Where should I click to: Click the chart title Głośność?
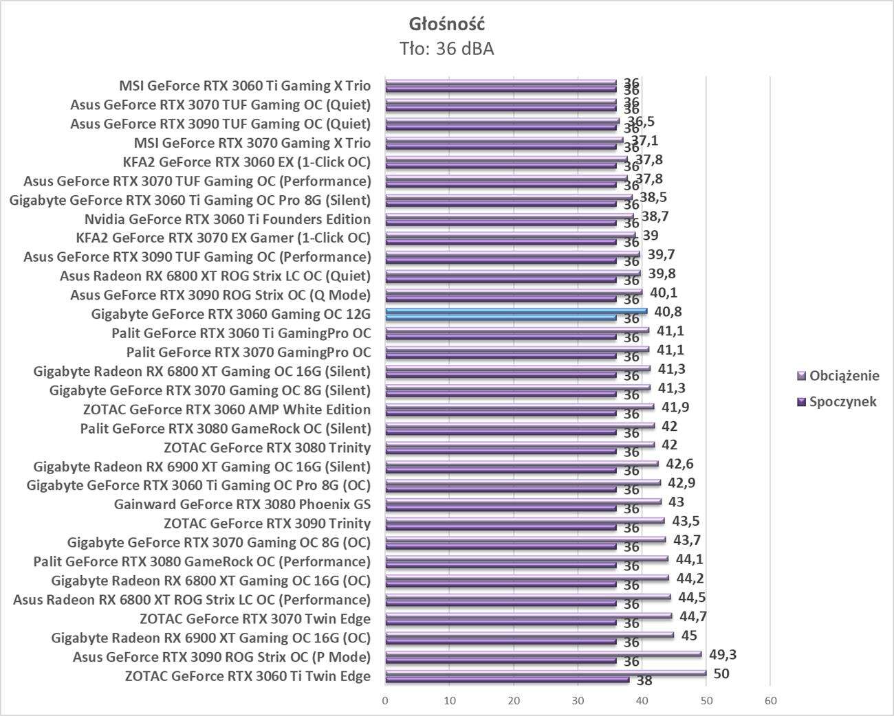447,24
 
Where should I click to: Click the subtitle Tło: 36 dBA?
447,49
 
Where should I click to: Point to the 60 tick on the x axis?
770,701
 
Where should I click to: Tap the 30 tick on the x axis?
578,701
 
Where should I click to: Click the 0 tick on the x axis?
385,701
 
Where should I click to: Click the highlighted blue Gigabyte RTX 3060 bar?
516,311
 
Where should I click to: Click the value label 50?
721,673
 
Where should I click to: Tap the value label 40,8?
668,312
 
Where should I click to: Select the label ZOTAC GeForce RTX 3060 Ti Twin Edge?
248,676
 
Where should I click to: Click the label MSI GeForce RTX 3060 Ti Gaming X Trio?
245,86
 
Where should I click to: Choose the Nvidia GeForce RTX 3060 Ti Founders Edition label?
228,219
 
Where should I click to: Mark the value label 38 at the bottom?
644,681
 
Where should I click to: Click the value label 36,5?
641,122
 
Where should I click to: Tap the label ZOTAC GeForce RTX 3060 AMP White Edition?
226,410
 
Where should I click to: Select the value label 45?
689,635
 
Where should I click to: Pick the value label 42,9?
682,483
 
